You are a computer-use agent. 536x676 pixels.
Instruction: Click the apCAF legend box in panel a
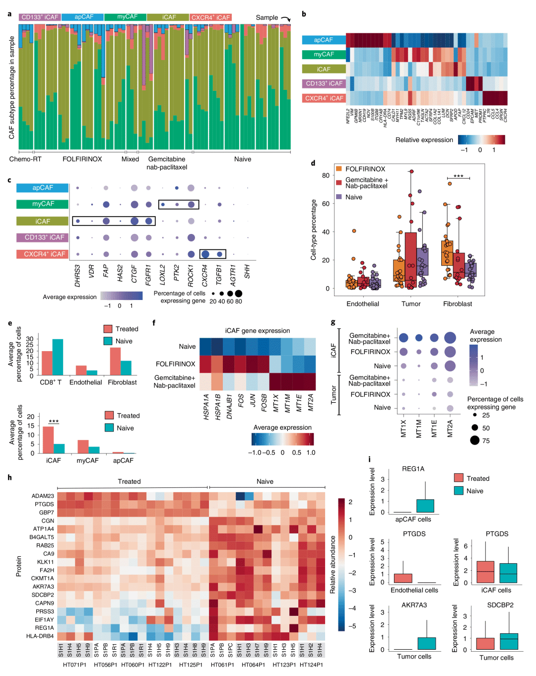[x=83, y=17]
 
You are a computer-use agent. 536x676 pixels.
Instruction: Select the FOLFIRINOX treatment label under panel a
[x=82, y=159]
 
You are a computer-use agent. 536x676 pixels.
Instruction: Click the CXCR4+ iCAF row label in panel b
[x=324, y=98]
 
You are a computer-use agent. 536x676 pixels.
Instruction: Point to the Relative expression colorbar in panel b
[x=481, y=140]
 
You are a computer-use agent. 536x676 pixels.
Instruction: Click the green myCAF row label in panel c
[x=43, y=204]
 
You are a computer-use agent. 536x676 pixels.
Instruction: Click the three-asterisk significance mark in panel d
[x=458, y=176]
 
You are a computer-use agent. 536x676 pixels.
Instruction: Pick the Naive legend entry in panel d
[x=353, y=197]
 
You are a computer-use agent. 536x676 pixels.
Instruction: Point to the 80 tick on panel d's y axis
[x=326, y=175]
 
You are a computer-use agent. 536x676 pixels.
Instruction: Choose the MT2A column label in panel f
[x=311, y=407]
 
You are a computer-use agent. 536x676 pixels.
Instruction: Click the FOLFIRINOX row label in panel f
[x=176, y=364]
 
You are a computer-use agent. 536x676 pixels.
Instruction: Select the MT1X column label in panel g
[x=403, y=428]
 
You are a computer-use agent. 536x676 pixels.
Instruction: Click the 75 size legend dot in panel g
[x=475, y=440]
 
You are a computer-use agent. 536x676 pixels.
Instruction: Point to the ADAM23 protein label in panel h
[x=43, y=496]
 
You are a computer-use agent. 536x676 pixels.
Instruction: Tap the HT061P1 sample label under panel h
[x=222, y=665]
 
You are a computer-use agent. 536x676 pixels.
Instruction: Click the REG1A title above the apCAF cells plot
[x=413, y=469]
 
